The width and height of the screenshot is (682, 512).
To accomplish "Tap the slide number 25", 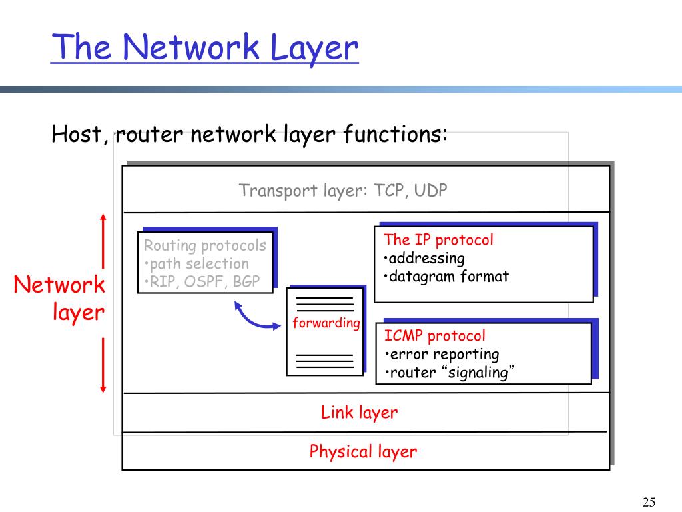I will (649, 502).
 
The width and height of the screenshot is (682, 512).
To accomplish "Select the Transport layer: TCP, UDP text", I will (343, 191).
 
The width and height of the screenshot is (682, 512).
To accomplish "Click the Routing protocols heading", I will (204, 245).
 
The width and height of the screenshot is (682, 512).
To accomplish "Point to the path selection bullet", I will (196, 263).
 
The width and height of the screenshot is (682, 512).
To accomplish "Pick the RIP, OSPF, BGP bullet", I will (202, 281).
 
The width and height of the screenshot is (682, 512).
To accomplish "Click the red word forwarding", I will (326, 323).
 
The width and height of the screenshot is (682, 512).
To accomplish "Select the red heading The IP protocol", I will (438, 240).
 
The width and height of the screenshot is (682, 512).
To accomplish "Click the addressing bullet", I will (424, 258).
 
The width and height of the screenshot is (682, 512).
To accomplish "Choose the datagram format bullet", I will (446, 276).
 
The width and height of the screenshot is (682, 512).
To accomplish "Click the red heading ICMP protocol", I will (434, 336).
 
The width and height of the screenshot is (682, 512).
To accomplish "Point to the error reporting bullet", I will (442, 354).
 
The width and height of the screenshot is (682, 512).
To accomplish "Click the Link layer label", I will (359, 413).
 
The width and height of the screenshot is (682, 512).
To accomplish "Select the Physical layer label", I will (363, 452).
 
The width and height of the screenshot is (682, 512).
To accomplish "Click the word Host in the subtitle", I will (76, 135).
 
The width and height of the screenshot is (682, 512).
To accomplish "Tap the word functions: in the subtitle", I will (396, 135).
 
